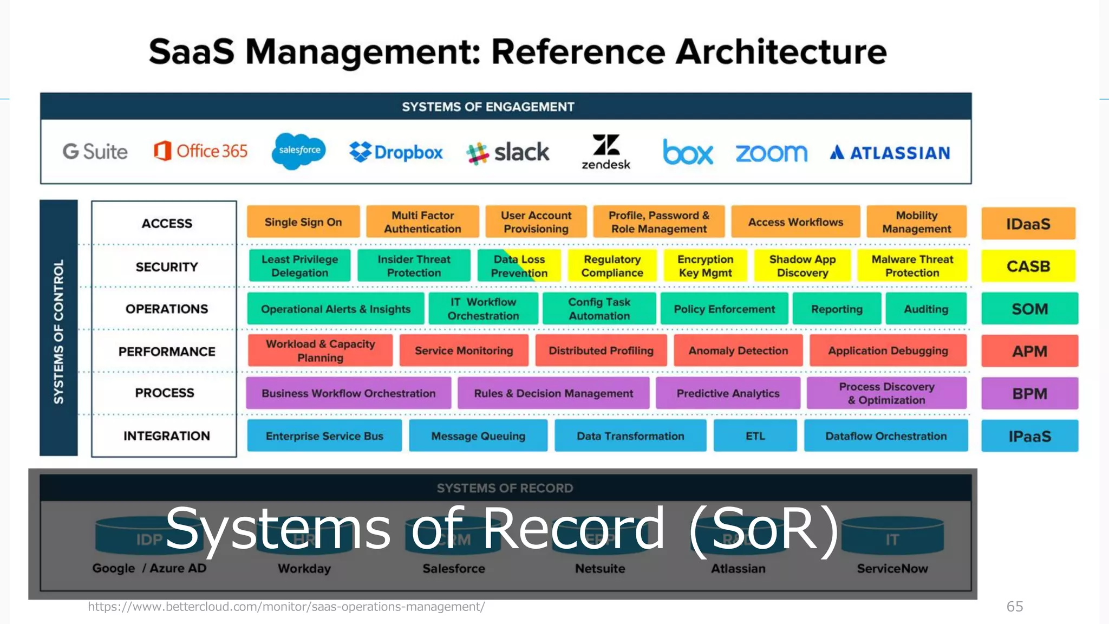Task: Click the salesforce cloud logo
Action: (x=299, y=151)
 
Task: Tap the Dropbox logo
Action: (x=396, y=152)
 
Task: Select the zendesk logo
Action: (x=606, y=152)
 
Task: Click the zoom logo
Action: (x=771, y=153)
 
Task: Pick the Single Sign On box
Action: (x=303, y=222)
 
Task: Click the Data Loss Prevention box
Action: (x=519, y=266)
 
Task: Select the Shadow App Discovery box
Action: (x=802, y=266)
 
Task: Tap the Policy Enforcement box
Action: (x=724, y=309)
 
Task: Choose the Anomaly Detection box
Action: (x=738, y=351)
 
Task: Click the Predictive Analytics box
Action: (x=728, y=393)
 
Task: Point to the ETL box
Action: (x=755, y=436)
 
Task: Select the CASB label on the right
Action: (x=1028, y=266)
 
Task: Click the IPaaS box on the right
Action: (x=1029, y=436)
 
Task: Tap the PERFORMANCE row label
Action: (x=167, y=352)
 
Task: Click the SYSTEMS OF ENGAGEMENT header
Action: (x=488, y=107)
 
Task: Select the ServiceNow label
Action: (x=892, y=569)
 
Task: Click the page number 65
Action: (x=1014, y=607)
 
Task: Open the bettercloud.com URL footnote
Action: (x=286, y=607)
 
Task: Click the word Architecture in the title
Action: (x=781, y=52)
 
